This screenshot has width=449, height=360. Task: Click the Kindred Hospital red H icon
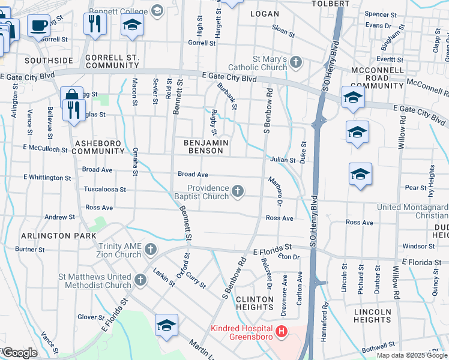point(281,331)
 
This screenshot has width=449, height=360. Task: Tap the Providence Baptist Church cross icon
point(238,191)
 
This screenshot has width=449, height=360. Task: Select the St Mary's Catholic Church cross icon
point(296,62)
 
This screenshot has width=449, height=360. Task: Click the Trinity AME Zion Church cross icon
point(150,249)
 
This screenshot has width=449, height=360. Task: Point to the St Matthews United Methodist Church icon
point(140,280)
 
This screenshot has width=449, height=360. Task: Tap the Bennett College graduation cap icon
point(157,10)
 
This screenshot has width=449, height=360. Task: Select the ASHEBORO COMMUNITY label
point(98,148)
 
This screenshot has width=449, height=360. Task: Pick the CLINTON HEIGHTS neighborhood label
point(255,303)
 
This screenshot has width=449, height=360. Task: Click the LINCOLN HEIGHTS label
point(373,316)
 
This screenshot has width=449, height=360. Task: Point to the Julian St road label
point(283,160)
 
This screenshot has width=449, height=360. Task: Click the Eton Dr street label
point(289,257)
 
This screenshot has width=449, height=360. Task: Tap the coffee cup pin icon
point(39,26)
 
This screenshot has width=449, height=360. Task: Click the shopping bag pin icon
point(71,97)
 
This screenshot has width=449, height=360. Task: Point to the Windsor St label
point(414,246)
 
